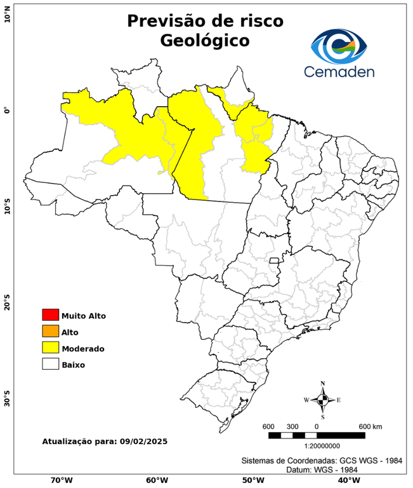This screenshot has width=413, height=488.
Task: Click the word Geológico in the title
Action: pyautogui.click(x=204, y=41)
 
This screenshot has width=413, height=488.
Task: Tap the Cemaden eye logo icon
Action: pyautogui.click(x=341, y=45)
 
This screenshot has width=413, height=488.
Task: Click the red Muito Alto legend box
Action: pyautogui.click(x=50, y=315)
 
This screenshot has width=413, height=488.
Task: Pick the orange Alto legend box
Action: pyautogui.click(x=50, y=332)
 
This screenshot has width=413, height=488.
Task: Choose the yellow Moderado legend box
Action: pyautogui.click(x=50, y=348)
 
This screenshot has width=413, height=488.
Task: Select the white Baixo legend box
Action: pyautogui.click(x=50, y=365)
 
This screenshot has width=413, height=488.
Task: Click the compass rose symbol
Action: pyautogui.click(x=322, y=400)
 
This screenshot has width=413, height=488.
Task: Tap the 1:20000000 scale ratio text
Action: pyautogui.click(x=317, y=446)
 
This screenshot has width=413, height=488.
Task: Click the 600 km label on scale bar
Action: pyautogui.click(x=370, y=426)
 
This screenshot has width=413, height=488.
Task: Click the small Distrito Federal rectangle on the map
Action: pyautogui.click(x=275, y=261)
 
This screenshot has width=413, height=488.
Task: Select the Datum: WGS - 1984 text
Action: pyautogui.click(x=323, y=470)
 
